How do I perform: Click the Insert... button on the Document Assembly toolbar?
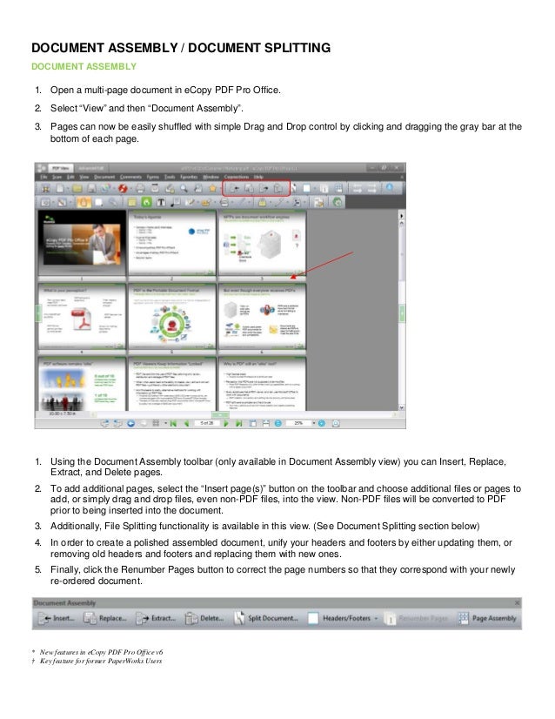[x=55, y=619]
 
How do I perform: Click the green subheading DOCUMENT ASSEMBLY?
[x=84, y=66]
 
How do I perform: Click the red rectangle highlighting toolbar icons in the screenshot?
[x=256, y=187]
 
